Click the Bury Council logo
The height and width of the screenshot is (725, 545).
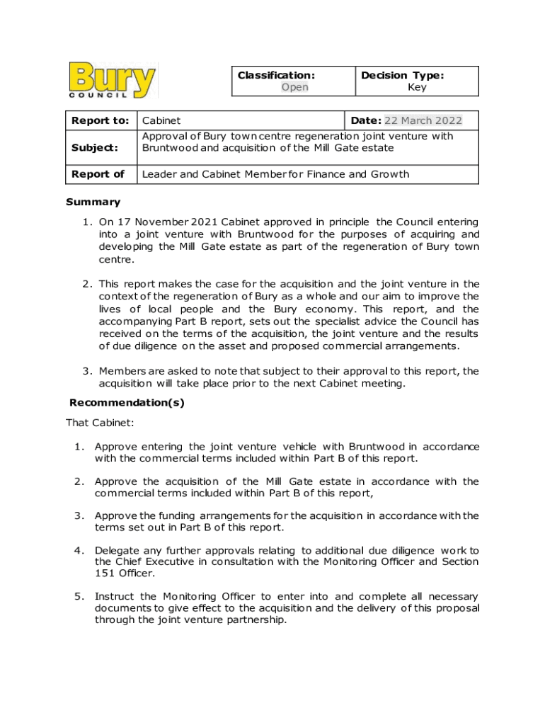coord(112,80)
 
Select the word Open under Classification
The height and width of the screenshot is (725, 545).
coord(294,87)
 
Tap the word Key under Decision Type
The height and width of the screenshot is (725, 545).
coord(417,87)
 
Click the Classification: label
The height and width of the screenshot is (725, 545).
coord(276,75)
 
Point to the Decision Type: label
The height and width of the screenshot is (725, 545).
coord(402,75)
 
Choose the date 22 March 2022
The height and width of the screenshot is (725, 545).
coord(423,120)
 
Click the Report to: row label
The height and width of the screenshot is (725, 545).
coord(100,120)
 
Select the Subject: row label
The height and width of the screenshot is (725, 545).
coord(94,147)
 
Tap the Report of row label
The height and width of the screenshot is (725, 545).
coord(98,174)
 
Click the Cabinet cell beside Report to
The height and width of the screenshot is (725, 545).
coord(161,120)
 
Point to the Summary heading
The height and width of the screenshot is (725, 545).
coord(93,202)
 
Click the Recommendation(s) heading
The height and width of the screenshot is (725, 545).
coord(127,403)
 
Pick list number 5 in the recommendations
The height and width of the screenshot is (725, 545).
coord(80,597)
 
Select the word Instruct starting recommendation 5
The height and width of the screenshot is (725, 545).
coord(115,597)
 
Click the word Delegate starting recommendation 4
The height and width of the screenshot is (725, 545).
coord(117,550)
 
